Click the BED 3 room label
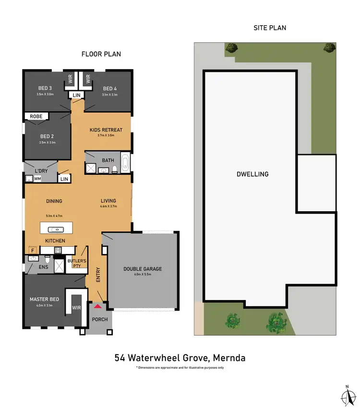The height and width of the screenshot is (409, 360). tap(45, 88)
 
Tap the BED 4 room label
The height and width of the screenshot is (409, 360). tap(110, 88)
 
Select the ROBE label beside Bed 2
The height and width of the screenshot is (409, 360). tap(36, 116)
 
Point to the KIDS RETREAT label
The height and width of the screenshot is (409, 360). tap(106, 130)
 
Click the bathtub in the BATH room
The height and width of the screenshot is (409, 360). tap(125, 163)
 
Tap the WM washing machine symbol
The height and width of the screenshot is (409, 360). tap(37, 179)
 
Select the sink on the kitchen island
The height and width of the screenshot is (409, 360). tap(57, 229)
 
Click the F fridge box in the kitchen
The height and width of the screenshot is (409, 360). tap(32, 250)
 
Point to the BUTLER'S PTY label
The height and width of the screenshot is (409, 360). tap(76, 264)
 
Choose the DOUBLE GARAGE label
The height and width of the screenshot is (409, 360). tap(143, 269)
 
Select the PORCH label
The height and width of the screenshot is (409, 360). tap(100, 319)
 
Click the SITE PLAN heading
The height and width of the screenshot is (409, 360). tap(270, 28)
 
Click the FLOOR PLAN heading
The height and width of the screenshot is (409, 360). tap(101, 54)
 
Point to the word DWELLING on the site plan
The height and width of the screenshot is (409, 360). tap(252, 174)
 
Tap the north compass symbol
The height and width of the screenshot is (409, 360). tap(346, 395)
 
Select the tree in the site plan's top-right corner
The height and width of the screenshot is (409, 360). tap(329, 48)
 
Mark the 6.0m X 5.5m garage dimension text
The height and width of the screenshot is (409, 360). tap(143, 275)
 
